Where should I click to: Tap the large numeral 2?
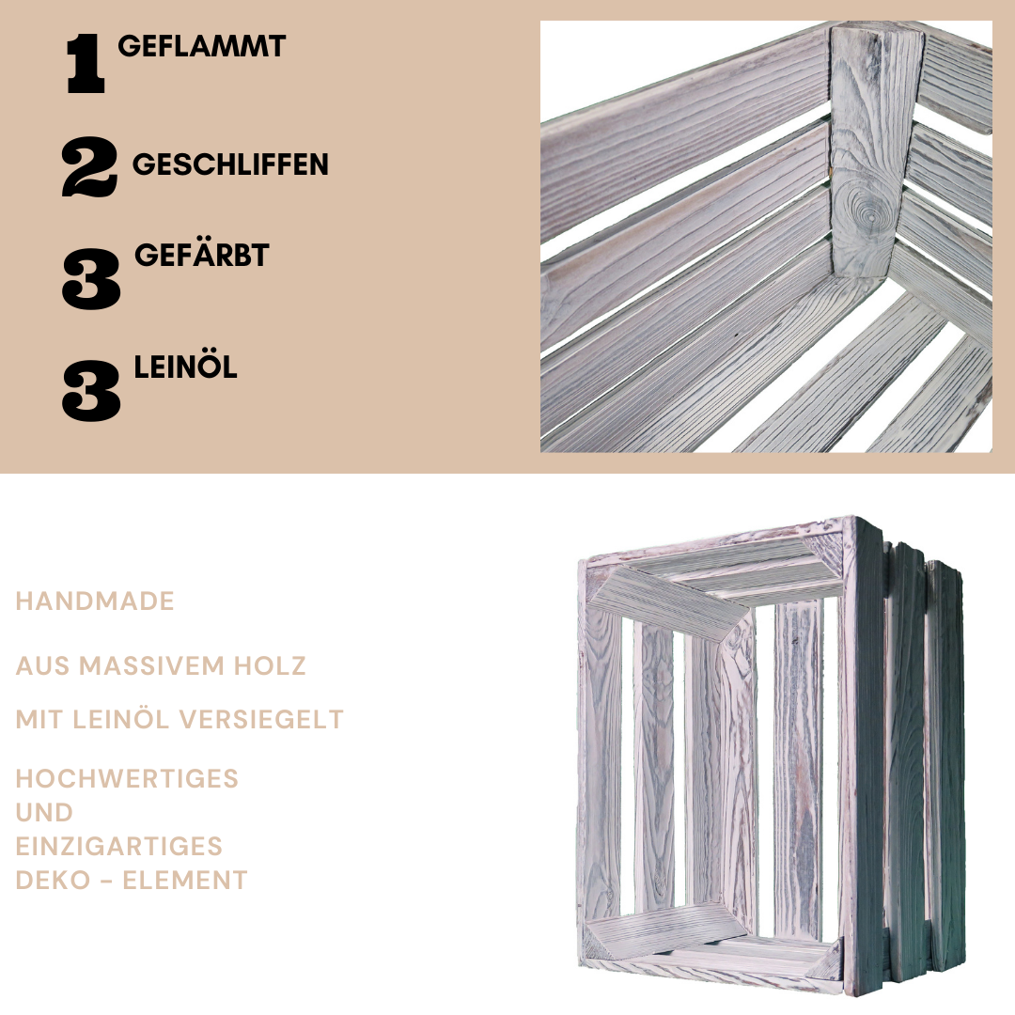point(89,167)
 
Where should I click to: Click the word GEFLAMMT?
point(201,47)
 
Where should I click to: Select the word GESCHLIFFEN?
point(230,165)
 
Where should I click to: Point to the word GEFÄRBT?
point(201,255)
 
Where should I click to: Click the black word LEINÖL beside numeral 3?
point(185,367)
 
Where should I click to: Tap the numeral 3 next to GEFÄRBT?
point(91,279)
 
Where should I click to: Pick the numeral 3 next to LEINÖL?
point(91,391)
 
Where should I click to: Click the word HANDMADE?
point(95,601)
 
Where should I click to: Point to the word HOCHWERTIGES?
point(127,779)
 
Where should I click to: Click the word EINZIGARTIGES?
point(118,846)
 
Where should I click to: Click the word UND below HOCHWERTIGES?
point(44,812)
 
